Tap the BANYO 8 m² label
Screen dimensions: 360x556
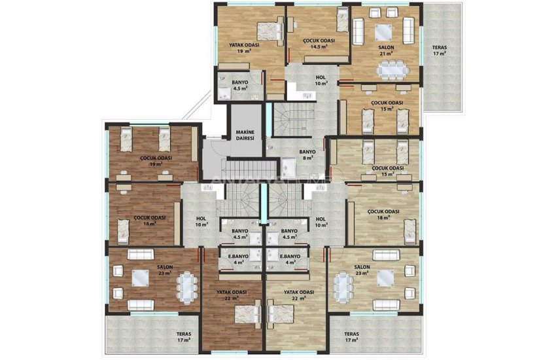point(307,154)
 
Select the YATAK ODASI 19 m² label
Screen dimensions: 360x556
point(244,48)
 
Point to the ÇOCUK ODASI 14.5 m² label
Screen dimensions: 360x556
point(319,43)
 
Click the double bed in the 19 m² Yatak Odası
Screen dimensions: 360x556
point(269,30)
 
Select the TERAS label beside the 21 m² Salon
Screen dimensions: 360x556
point(439,50)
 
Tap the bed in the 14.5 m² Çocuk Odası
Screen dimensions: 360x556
point(342,23)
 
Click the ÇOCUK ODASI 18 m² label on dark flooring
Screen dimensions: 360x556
point(148,220)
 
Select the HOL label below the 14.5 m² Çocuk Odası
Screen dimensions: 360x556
point(321,81)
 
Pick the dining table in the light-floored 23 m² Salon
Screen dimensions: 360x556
point(342,285)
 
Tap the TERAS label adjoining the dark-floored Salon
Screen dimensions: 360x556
point(183,337)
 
